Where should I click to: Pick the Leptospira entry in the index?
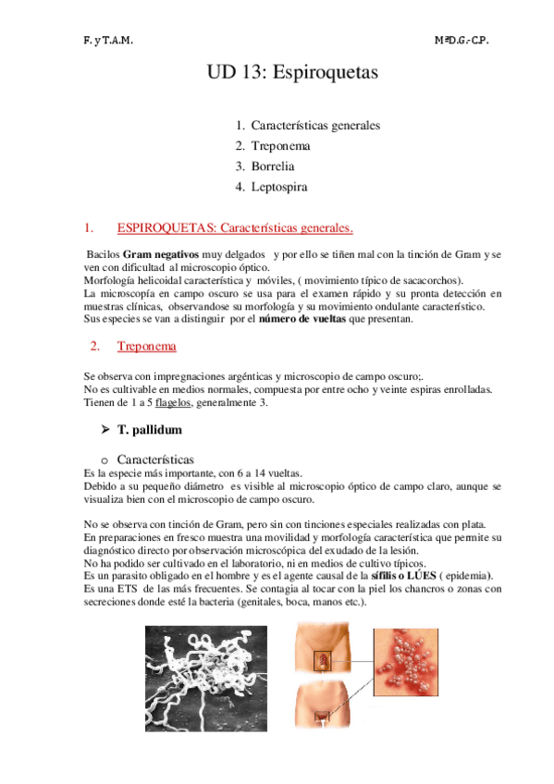(x=278, y=186)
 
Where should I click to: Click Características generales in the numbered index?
(x=314, y=125)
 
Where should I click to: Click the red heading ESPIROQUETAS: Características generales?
(x=234, y=227)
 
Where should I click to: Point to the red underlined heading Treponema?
(x=147, y=347)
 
